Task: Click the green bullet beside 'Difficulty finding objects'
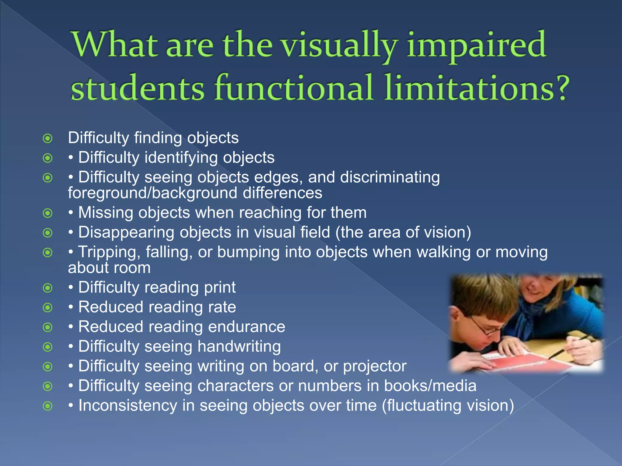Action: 48,138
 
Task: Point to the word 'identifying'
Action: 181,158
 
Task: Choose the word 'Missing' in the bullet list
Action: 105,213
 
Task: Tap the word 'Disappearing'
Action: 126,232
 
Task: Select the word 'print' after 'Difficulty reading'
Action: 220,287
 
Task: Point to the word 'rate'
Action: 222,307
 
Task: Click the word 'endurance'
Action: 247,327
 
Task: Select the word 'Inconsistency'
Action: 128,406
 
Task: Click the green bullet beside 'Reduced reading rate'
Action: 48,308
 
